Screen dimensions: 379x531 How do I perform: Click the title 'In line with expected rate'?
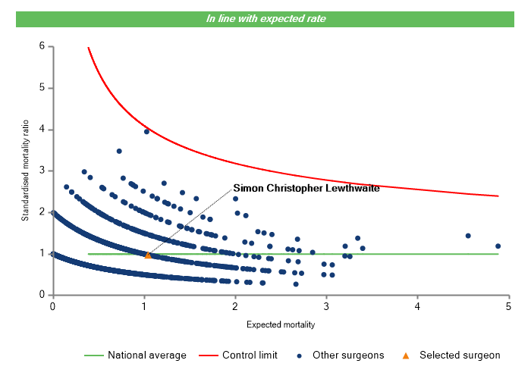coord(266,18)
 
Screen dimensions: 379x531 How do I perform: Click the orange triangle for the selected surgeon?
coord(148,255)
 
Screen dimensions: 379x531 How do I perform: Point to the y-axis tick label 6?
coord(42,46)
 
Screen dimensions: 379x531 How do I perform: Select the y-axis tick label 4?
coord(42,130)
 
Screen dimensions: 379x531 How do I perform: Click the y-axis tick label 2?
coord(42,212)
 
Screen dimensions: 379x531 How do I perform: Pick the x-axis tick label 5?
coord(509,306)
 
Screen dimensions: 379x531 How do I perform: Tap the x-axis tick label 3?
coord(326,306)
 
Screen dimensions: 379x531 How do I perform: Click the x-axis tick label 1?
coord(144,306)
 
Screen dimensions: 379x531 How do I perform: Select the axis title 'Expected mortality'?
coord(281,324)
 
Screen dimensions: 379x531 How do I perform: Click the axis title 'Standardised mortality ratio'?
coord(25,170)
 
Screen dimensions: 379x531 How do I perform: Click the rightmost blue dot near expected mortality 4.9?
coord(498,246)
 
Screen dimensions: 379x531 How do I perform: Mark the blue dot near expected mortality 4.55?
coord(468,236)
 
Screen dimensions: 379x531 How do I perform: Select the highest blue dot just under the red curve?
coord(146,131)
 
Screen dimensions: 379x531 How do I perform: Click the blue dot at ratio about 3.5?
coord(119,151)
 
